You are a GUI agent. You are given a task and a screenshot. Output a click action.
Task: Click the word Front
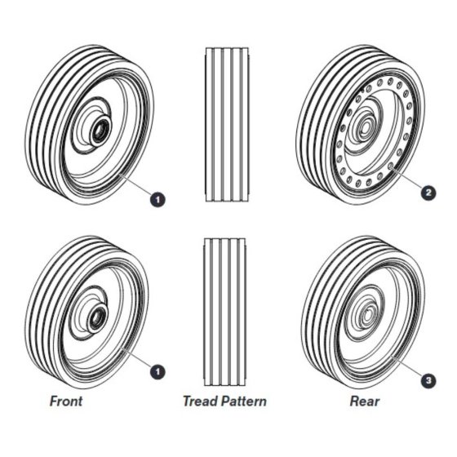click(x=66, y=401)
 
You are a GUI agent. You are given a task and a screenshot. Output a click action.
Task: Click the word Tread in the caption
click(x=200, y=401)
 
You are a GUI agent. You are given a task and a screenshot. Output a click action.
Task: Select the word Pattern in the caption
click(x=244, y=401)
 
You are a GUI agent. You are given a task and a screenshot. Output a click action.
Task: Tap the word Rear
click(x=365, y=401)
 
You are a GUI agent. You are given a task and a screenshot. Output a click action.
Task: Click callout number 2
click(x=428, y=193)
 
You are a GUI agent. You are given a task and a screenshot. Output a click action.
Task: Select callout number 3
click(x=428, y=380)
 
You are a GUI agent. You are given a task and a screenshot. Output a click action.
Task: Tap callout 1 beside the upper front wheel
click(x=158, y=200)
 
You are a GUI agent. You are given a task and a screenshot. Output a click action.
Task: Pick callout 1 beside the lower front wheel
click(x=158, y=371)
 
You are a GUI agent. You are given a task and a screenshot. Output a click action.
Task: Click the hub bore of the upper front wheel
click(x=100, y=131)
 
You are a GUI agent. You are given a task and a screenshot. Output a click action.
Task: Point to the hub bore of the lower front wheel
click(x=98, y=317)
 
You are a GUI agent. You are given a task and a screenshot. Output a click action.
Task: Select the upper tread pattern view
click(x=228, y=124)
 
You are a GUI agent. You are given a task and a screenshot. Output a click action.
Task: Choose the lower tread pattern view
click(x=224, y=312)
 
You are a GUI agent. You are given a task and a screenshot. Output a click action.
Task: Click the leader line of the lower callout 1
click(x=136, y=357)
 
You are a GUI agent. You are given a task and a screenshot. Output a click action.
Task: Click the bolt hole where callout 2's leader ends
click(x=391, y=166)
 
